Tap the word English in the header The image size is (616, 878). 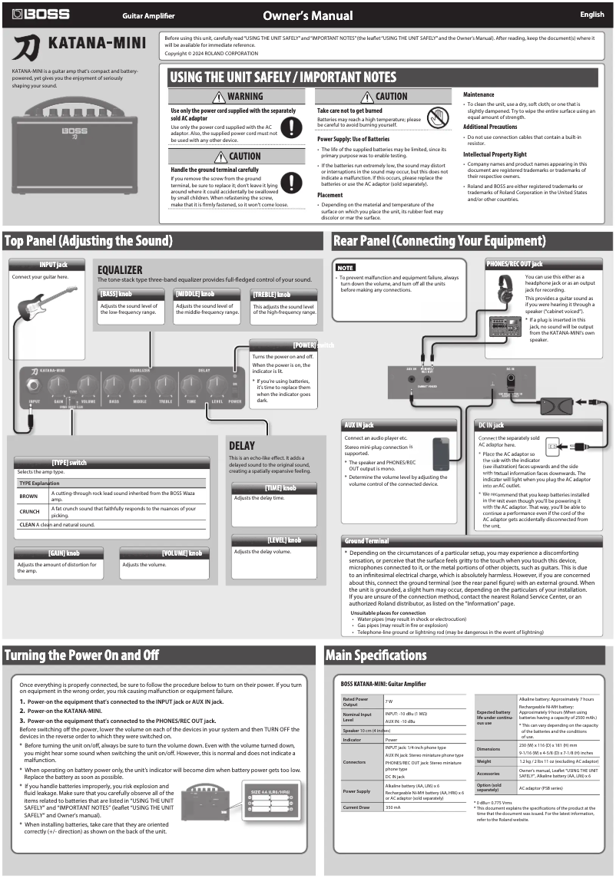[591, 15]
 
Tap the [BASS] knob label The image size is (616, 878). [116, 294]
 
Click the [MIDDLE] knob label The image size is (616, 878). [194, 294]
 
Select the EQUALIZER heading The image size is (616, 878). [120, 270]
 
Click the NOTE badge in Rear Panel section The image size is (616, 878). [346, 268]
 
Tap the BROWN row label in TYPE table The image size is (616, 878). [28, 497]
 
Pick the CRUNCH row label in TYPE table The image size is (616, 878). [29, 511]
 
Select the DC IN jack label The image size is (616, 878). [488, 424]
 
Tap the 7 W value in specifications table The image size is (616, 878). [389, 701]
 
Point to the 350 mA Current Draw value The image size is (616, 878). [393, 807]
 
